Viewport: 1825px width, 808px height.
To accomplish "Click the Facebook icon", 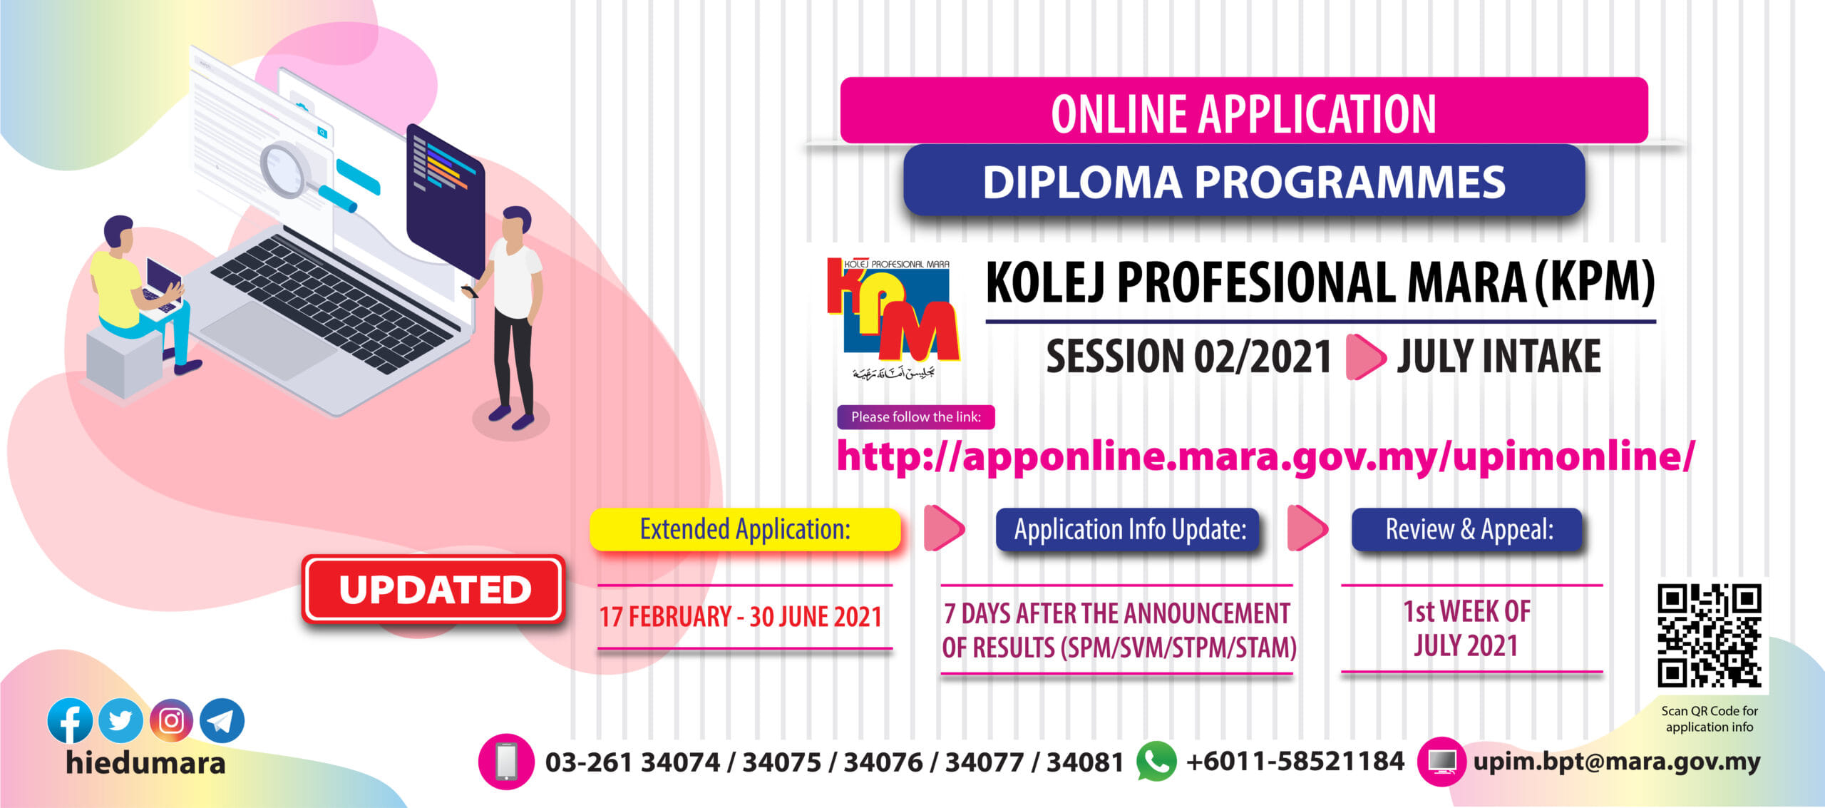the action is tap(70, 720).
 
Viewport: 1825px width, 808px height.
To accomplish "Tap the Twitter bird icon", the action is tap(120, 720).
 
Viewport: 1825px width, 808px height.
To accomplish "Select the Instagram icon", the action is tap(171, 720).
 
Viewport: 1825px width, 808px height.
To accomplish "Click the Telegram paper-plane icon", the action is tap(222, 720).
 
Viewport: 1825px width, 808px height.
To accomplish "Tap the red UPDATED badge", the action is tap(434, 590).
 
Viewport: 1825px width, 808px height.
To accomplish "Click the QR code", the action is tap(1709, 635).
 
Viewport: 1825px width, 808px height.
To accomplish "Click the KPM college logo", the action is tap(894, 317).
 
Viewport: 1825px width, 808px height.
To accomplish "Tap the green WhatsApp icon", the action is tap(1156, 761).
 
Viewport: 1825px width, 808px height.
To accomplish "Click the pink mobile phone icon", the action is tap(506, 762).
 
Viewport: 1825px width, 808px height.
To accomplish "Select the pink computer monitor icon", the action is tap(1443, 762).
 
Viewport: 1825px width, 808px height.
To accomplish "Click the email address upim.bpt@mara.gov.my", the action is tap(1617, 762).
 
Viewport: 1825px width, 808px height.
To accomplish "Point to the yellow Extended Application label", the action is tap(745, 529).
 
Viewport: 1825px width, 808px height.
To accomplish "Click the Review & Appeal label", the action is tap(1466, 529).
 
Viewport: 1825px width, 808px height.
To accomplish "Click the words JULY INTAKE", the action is tap(1498, 356).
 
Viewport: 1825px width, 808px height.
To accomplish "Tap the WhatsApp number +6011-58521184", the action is tap(1295, 761).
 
